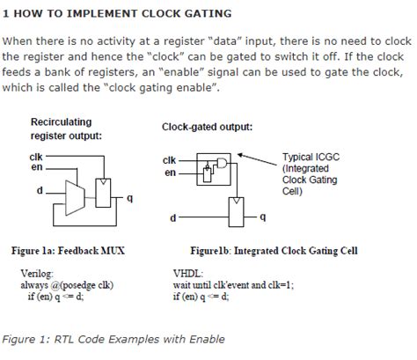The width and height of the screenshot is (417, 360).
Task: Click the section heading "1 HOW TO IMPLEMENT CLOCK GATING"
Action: click(118, 14)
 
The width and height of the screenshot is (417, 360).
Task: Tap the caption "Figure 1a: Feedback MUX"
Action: click(68, 251)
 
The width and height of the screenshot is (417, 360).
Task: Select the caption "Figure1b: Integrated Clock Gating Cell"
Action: click(274, 251)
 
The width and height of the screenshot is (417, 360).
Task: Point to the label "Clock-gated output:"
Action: click(207, 127)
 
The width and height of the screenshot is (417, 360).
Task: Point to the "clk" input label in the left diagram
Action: click(36, 157)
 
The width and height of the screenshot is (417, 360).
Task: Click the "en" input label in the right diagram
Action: click(170, 173)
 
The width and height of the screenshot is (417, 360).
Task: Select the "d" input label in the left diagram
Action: click(39, 190)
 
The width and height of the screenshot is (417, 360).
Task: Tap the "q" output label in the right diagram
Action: click(260, 216)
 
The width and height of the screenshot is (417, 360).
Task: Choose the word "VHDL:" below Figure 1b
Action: click(188, 274)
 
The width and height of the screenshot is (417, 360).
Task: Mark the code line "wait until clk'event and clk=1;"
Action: click(245, 285)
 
